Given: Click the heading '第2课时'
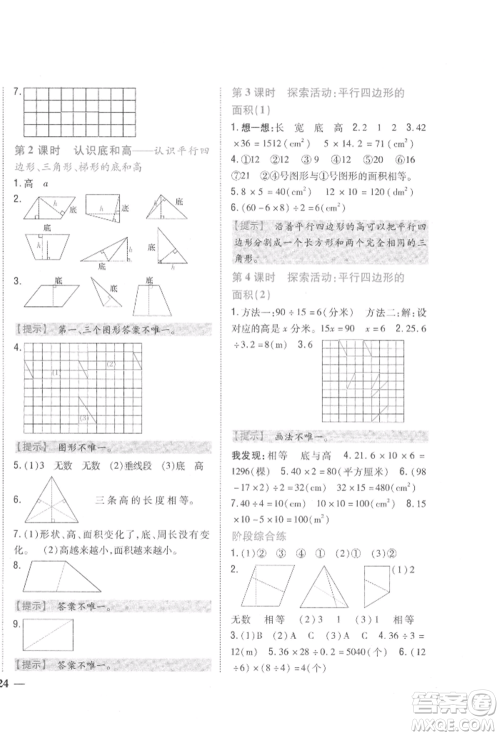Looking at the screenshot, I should coord(39,149).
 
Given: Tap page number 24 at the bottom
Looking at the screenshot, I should coord(10,711).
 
